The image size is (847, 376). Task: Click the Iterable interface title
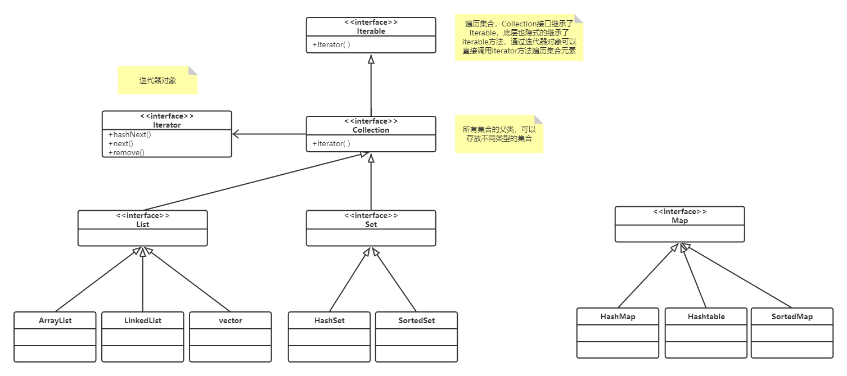tap(371, 31)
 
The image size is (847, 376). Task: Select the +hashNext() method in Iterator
tap(130, 135)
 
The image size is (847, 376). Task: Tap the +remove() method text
tap(126, 152)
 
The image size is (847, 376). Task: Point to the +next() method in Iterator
tap(120, 144)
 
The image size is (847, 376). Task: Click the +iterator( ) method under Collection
tap(331, 144)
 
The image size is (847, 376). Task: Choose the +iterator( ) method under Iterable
tap(331, 45)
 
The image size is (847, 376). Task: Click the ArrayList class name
tap(55, 321)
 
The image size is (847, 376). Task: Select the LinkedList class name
tap(143, 321)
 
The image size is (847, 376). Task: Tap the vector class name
tap(231, 321)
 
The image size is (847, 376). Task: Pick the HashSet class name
tap(330, 321)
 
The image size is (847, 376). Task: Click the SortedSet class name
tap(417, 321)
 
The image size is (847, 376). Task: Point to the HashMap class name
tap(618, 317)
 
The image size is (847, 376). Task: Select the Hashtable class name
tap(706, 317)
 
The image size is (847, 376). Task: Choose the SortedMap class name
tap(792, 317)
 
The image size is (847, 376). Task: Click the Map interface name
tap(679, 221)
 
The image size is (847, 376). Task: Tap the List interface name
tap(143, 225)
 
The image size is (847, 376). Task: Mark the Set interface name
tap(371, 225)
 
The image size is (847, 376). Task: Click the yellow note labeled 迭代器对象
tap(157, 80)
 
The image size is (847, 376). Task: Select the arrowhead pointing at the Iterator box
tap(236, 134)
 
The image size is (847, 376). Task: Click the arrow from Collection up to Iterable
tap(371, 87)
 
